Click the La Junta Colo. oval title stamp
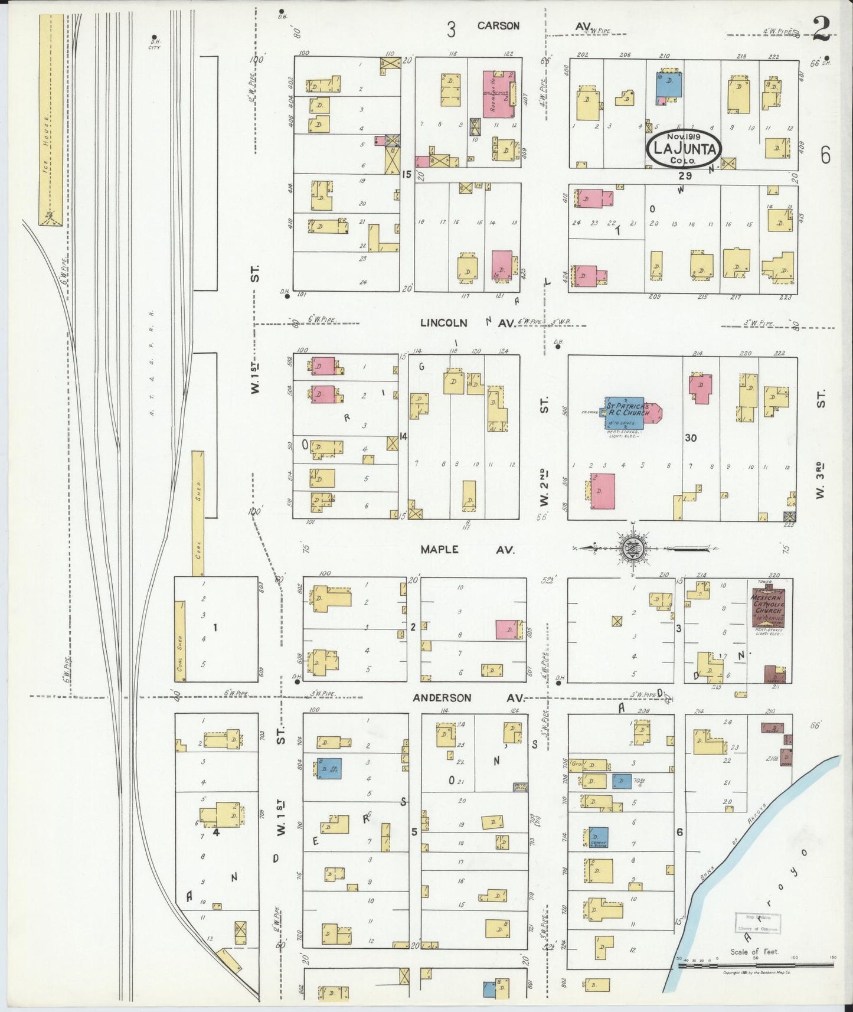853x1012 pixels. (x=684, y=149)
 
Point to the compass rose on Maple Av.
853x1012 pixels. (x=632, y=549)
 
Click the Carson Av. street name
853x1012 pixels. (x=498, y=26)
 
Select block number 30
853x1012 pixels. (x=691, y=438)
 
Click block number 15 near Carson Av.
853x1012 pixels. (x=406, y=174)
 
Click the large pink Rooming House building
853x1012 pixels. (x=496, y=94)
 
